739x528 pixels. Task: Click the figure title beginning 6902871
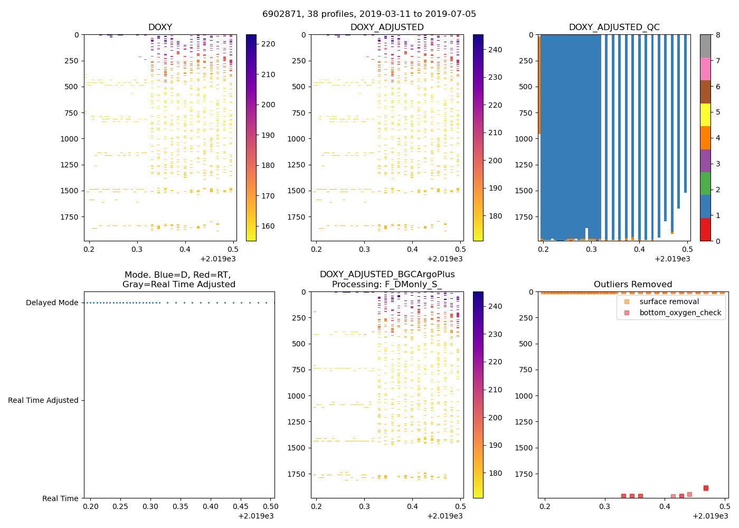pyautogui.click(x=369, y=14)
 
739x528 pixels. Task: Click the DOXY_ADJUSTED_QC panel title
pyautogui.click(x=614, y=27)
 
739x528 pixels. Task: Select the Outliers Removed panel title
pyautogui.click(x=632, y=285)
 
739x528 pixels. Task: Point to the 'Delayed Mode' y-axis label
pyautogui.click(x=52, y=303)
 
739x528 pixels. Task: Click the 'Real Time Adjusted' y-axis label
pyautogui.click(x=43, y=401)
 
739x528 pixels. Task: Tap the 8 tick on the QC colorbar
pyautogui.click(x=717, y=35)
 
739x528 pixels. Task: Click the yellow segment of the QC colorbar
pyautogui.click(x=705, y=115)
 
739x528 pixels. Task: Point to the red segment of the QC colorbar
pyautogui.click(x=705, y=230)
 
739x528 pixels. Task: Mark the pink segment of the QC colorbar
pyautogui.click(x=705, y=69)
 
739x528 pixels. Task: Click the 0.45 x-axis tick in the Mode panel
pyautogui.click(x=241, y=507)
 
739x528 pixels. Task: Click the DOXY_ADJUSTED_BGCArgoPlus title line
pyautogui.click(x=387, y=275)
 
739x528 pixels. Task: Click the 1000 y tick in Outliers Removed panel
pyautogui.click(x=523, y=396)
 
